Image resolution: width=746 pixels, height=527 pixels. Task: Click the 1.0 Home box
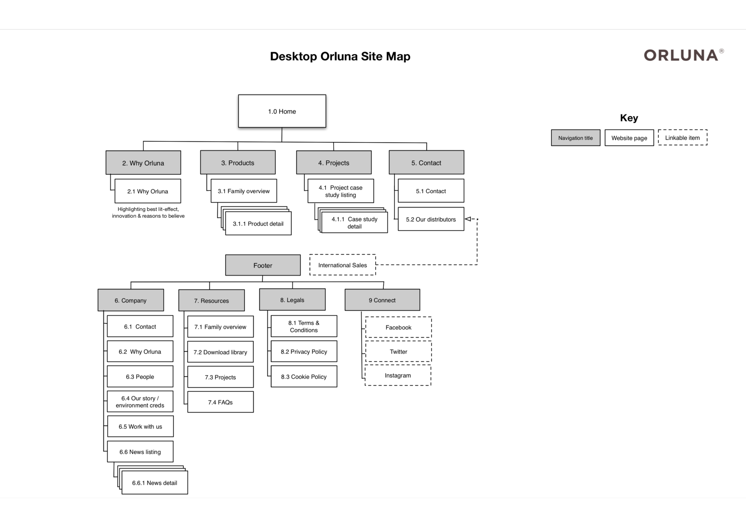(x=282, y=111)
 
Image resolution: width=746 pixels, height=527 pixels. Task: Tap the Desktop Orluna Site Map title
(x=340, y=56)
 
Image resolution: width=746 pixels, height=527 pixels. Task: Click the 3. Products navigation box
(x=238, y=162)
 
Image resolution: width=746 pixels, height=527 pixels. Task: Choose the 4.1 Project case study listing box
(x=340, y=191)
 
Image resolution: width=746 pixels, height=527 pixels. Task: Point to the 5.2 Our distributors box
(x=431, y=219)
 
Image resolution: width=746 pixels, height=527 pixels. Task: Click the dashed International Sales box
(x=343, y=265)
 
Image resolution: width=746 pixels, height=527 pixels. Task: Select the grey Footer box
(x=263, y=265)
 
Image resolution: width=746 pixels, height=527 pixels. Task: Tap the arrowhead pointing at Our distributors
(x=468, y=219)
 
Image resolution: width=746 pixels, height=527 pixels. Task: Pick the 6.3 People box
(x=140, y=377)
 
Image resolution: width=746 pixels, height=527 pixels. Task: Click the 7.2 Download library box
(x=220, y=352)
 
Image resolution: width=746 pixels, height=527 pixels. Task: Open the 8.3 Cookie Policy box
(x=304, y=377)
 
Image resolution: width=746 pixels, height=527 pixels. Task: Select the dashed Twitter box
(x=398, y=351)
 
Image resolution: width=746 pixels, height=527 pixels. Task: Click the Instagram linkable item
(x=398, y=376)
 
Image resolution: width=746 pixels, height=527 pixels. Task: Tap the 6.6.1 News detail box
(x=155, y=483)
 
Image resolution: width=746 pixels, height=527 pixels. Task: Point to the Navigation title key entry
(x=575, y=138)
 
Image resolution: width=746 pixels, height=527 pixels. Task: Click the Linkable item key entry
(x=682, y=138)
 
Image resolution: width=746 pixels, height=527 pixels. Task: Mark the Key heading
(x=629, y=118)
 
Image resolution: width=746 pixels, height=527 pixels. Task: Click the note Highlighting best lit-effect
(x=148, y=213)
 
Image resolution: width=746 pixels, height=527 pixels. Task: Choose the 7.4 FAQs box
(x=220, y=402)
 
